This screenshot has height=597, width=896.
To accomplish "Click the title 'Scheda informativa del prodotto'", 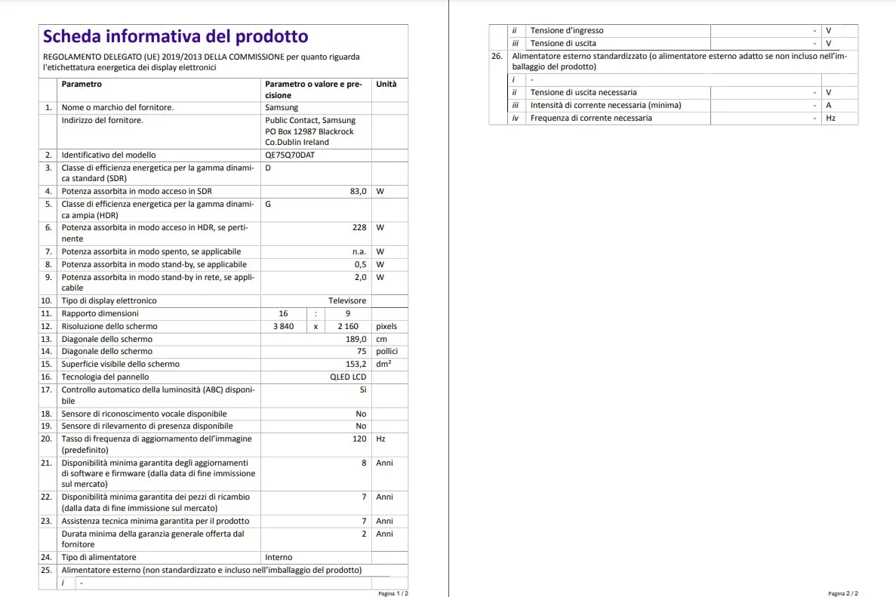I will pos(175,36).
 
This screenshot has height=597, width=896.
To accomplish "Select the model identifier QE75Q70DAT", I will pos(290,155).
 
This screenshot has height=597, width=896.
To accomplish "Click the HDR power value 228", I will pos(359,227).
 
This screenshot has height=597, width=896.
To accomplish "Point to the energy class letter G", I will pos(268,204).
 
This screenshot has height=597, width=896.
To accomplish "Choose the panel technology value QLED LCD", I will pos(348,377).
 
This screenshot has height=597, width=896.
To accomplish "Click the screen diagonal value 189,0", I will pos(356,339).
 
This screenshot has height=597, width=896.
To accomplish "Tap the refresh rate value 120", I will pos(359,439).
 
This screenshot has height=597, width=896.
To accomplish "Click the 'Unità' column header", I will pos(386,84).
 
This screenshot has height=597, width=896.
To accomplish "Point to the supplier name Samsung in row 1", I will pos(282,107).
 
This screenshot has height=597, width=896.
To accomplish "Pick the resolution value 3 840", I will pos(283,326).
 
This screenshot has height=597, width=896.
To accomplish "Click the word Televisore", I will pos(347,300).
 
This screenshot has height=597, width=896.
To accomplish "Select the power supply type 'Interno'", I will pos(279,557).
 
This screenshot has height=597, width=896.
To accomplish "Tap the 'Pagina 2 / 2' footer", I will pos(842,593).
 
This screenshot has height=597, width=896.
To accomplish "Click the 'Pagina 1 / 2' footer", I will pos(393,593).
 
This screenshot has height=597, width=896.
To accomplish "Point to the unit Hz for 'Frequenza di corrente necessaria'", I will pos(831,118).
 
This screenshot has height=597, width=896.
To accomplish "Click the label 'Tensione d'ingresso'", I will pos(567,30).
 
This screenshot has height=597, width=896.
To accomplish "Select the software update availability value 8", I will pos(364,463).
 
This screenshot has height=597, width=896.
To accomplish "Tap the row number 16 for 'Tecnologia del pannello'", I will pos(47,377).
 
